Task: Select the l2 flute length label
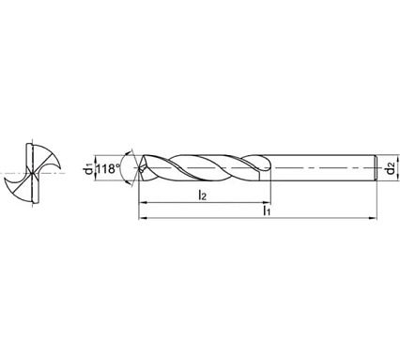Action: (x=203, y=195)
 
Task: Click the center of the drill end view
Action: (x=32, y=172)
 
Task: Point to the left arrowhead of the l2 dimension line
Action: (x=142, y=203)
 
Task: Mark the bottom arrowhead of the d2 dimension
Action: (x=380, y=181)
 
